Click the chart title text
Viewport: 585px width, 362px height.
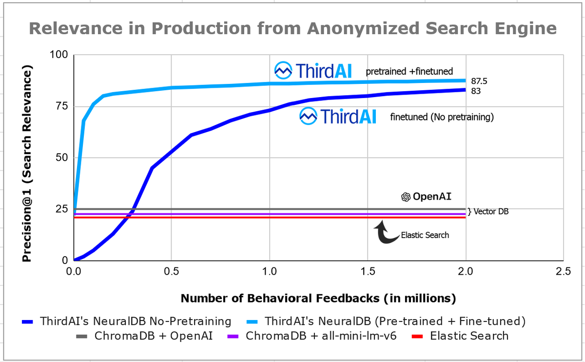(292, 28)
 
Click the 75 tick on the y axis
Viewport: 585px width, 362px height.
(62, 107)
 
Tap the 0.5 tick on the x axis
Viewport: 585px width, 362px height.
(171, 272)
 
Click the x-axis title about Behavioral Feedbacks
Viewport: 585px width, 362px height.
(318, 298)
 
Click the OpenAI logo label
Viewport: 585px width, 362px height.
(426, 197)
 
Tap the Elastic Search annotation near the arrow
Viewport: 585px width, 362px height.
(425, 235)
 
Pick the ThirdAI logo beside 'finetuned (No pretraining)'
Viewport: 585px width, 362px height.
(337, 116)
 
